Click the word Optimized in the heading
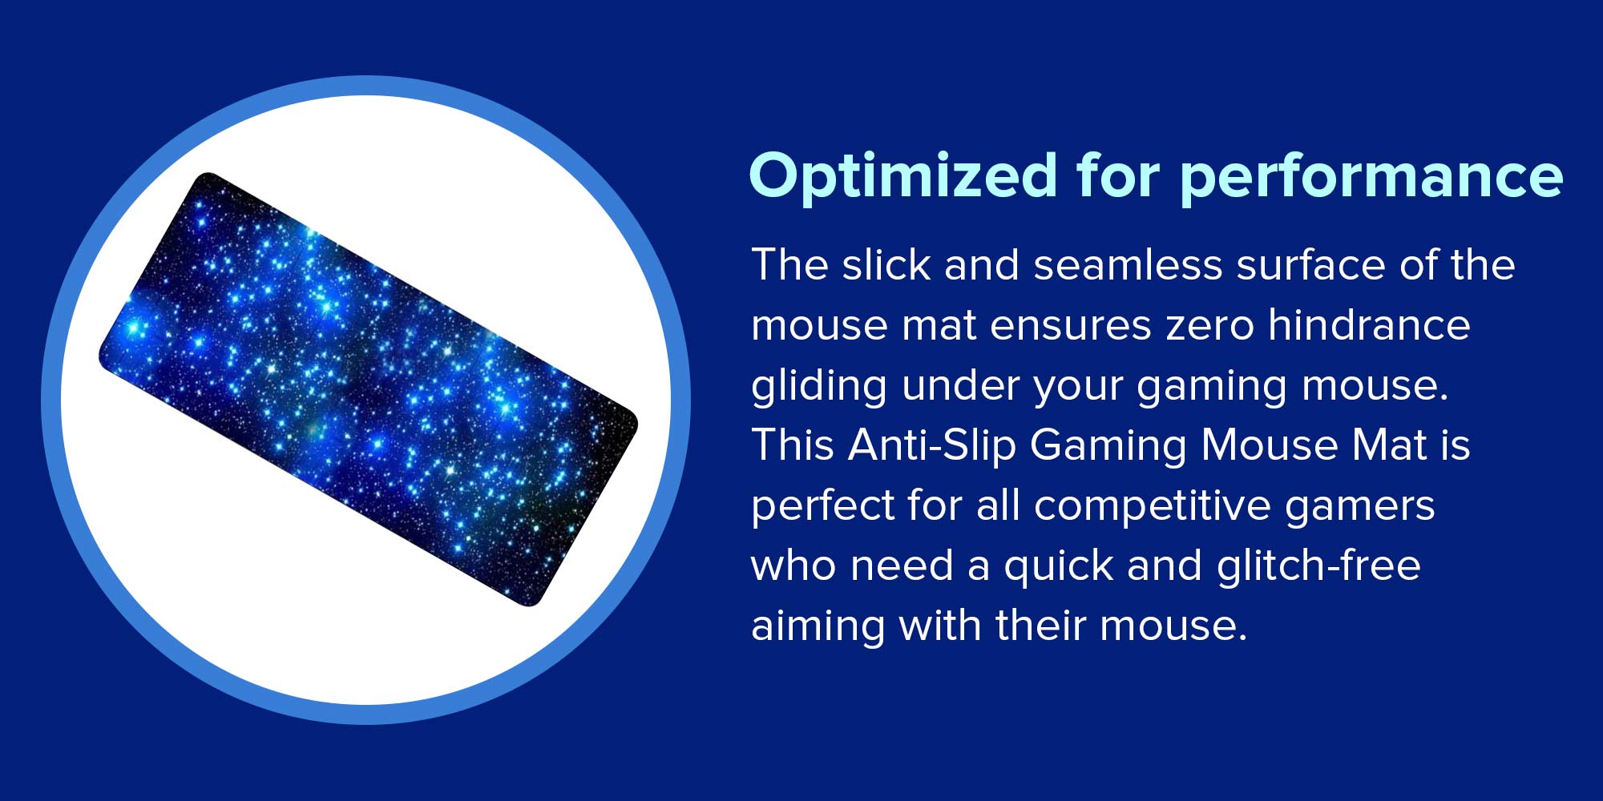point(903,177)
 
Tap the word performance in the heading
point(1371,177)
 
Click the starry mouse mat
point(368,389)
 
